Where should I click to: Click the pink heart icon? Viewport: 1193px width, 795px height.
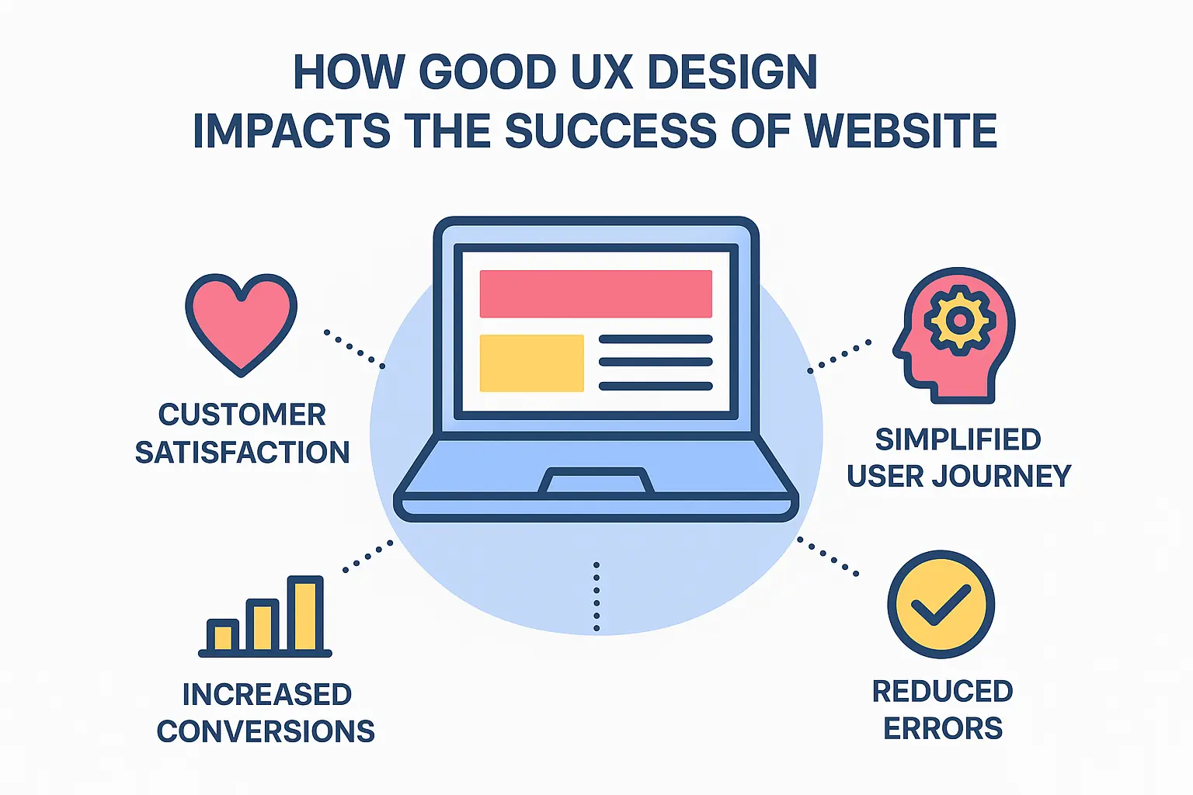pyautogui.click(x=241, y=322)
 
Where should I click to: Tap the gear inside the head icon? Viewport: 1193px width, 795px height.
pyautogui.click(x=960, y=320)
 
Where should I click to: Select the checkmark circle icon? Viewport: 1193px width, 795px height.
pyautogui.click(x=941, y=604)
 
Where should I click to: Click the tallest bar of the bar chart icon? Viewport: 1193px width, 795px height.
pyautogui.click(x=304, y=614)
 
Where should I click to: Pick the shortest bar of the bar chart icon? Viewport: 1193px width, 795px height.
pyautogui.click(x=223, y=636)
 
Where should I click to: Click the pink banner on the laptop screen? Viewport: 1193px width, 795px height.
pyautogui.click(x=596, y=293)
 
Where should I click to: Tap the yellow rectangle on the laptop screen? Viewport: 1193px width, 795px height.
pyautogui.click(x=531, y=363)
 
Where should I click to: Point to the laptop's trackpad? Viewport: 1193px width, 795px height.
pyautogui.click(x=596, y=481)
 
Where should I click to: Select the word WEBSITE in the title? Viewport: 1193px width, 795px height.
pyautogui.click(x=900, y=130)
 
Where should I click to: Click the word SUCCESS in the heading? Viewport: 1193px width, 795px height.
pyautogui.click(x=610, y=130)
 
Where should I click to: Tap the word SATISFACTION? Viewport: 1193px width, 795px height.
pyautogui.click(x=242, y=452)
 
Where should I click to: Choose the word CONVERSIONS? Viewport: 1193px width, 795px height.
pyautogui.click(x=266, y=731)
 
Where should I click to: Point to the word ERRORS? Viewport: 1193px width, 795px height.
pyautogui.click(x=943, y=729)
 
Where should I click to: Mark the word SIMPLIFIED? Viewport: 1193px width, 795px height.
pyautogui.click(x=958, y=439)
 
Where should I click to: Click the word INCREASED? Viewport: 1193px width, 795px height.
pyautogui.click(x=266, y=694)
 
